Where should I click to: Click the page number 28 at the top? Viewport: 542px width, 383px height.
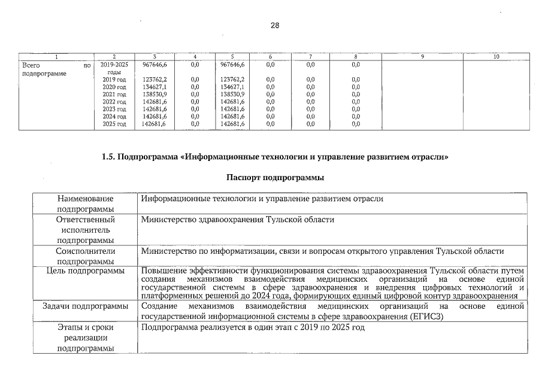275,25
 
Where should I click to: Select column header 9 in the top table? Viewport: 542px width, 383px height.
422,57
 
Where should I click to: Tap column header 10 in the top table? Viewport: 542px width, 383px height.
496,57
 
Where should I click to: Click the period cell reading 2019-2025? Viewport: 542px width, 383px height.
114,64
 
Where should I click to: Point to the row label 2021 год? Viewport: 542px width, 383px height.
114,95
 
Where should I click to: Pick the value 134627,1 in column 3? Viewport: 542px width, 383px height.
155,87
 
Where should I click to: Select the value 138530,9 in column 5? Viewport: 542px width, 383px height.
232,95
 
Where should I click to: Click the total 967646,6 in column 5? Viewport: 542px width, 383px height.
232,64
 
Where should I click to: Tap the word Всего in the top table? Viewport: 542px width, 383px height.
31,64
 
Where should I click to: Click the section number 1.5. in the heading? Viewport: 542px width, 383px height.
111,157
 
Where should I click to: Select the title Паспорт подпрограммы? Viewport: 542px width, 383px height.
275,178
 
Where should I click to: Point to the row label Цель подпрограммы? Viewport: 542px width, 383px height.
85,271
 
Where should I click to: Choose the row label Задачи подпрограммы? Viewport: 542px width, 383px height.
85,306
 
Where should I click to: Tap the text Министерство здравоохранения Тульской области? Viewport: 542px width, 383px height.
237,220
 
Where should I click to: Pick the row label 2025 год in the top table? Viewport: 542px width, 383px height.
114,124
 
